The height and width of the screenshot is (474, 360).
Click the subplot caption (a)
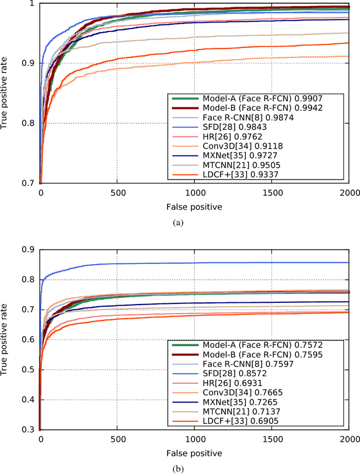(x=179, y=222)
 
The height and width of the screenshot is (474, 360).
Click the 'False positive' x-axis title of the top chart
(x=194, y=207)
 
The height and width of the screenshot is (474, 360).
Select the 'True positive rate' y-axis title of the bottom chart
(x=6, y=339)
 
